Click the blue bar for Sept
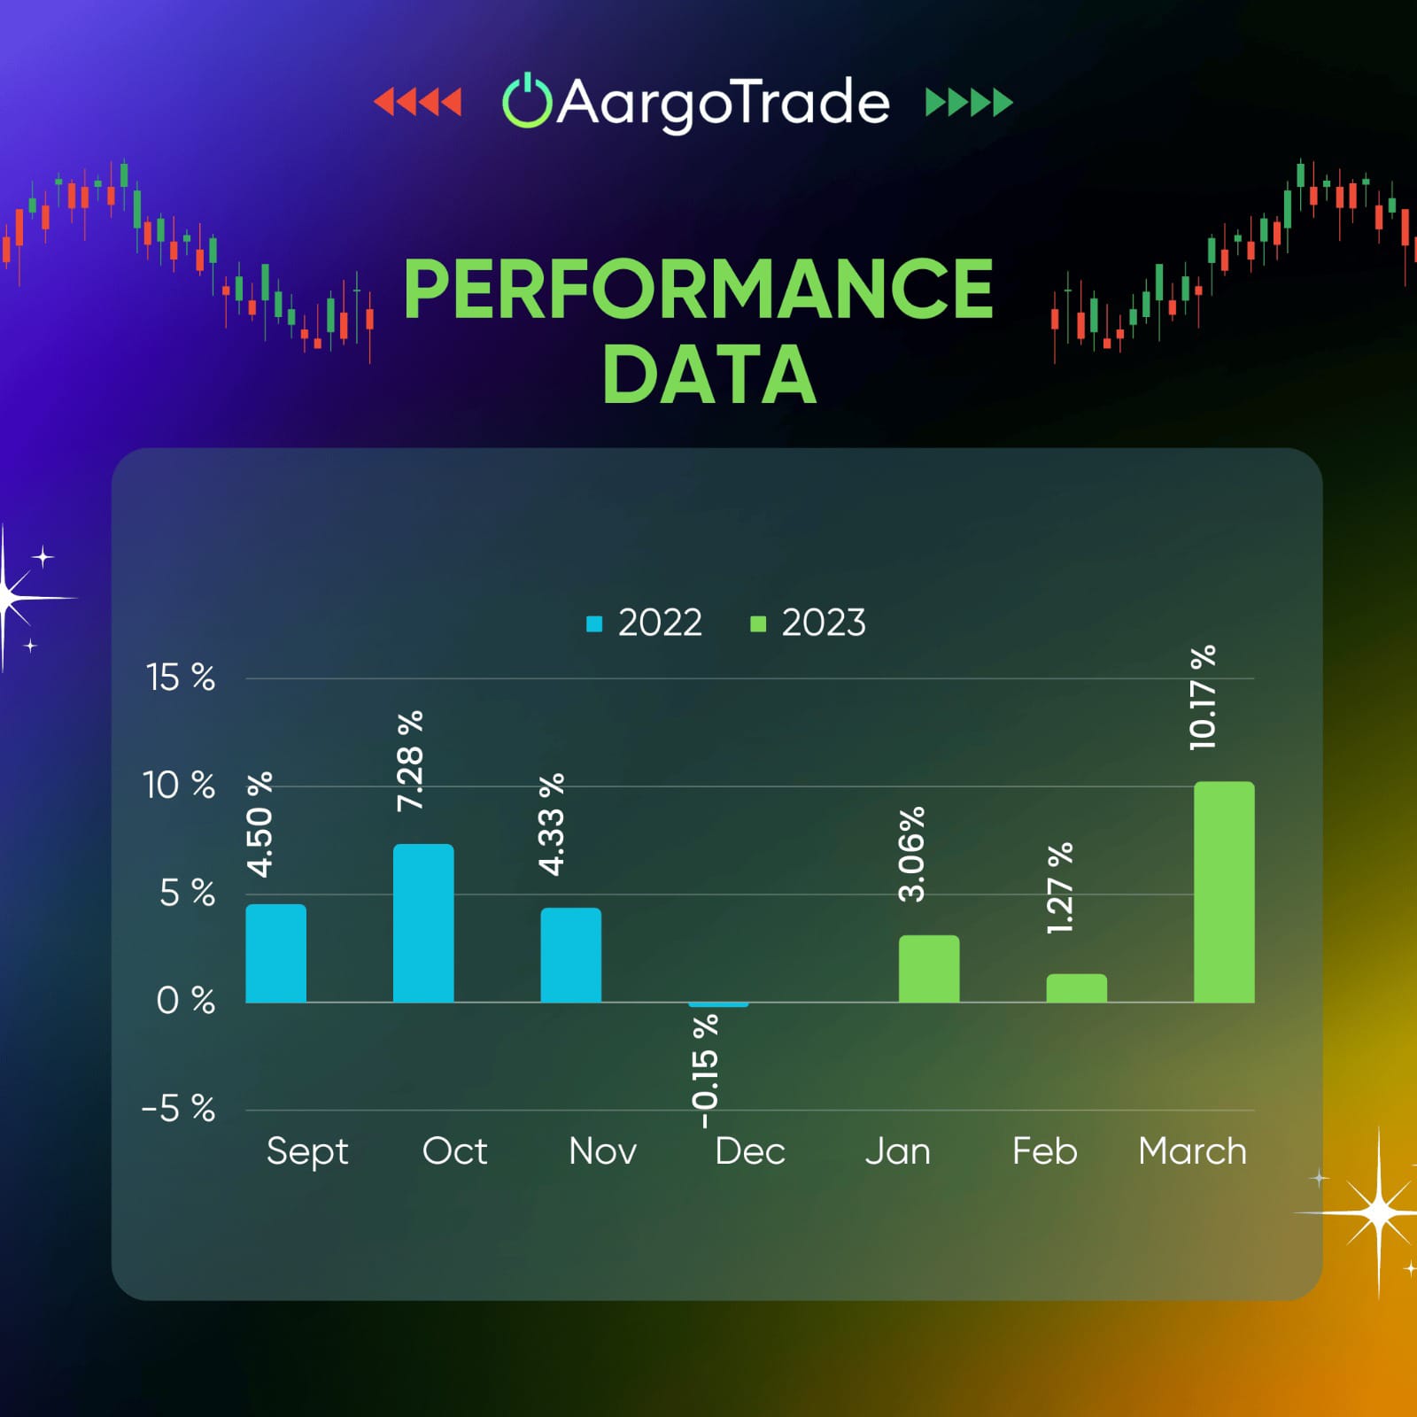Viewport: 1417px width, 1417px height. pos(275,953)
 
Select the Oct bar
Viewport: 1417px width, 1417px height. pos(423,923)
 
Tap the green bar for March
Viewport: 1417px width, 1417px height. pos(1224,892)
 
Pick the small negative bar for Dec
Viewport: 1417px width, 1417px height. pos(718,1004)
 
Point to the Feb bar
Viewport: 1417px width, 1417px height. pos(1077,988)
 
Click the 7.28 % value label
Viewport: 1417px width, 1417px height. pos(410,761)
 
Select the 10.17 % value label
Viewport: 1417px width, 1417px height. pos(1203,698)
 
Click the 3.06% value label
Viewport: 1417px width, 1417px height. pos(911,854)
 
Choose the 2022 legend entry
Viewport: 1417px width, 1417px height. pos(644,623)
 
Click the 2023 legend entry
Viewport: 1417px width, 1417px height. pos(808,623)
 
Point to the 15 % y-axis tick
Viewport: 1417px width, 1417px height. pos(181,678)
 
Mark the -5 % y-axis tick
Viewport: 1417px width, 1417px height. pos(178,1108)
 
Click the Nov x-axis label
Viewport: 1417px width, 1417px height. pos(602,1151)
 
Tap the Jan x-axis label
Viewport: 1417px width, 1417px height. pos(898,1151)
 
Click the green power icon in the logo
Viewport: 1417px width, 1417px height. pos(527,101)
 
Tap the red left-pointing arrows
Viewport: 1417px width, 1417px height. pos(417,102)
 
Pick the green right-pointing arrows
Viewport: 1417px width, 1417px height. pos(969,102)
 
